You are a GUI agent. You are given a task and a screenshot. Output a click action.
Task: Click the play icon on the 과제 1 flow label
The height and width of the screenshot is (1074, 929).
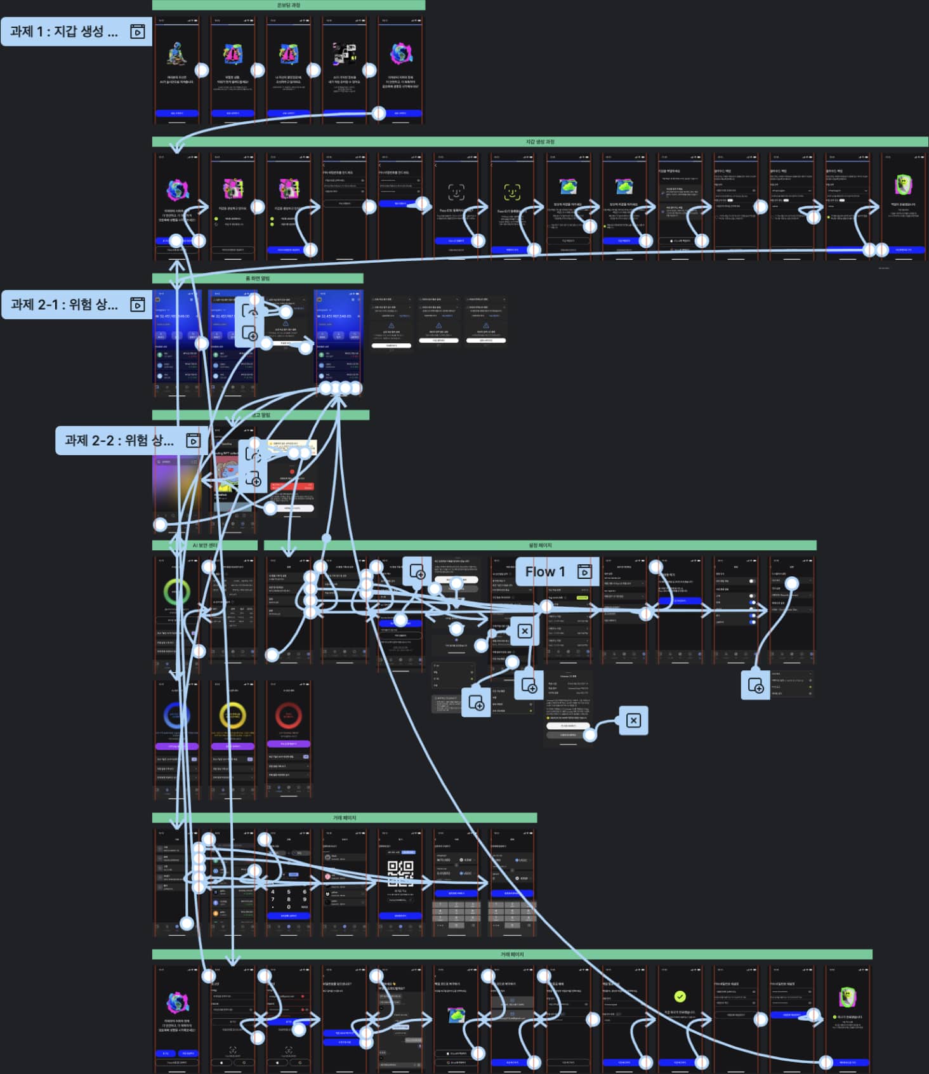click(x=138, y=32)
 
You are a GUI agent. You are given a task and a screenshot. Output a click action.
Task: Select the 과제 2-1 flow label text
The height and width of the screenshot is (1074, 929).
click(x=63, y=305)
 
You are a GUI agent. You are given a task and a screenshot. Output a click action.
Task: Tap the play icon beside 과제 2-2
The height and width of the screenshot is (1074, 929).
click(x=193, y=441)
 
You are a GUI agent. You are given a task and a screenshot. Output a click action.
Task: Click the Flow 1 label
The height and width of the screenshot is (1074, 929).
click(x=545, y=572)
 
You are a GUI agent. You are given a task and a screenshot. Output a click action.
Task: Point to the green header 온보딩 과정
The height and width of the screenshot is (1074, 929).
click(x=289, y=5)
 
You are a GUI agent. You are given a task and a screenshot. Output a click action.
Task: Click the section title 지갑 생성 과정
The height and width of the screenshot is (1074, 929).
click(x=540, y=142)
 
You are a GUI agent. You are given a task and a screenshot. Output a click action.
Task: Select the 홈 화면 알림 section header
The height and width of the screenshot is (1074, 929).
click(x=258, y=278)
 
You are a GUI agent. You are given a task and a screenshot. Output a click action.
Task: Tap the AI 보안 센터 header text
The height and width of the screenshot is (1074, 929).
click(x=205, y=545)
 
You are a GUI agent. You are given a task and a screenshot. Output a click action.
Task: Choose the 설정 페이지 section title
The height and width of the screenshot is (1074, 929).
click(x=540, y=545)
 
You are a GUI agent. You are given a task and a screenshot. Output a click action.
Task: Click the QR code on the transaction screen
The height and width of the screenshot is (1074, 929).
click(x=400, y=873)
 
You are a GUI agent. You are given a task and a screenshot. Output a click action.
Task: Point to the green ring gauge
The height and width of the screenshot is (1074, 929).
click(x=176, y=592)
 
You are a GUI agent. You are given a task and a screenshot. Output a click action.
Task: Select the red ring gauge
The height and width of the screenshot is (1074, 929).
click(x=289, y=716)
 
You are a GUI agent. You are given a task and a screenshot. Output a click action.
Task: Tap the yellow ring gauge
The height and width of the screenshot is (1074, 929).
click(x=233, y=716)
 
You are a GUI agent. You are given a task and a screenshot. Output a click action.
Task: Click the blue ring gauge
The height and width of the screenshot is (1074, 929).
click(x=176, y=716)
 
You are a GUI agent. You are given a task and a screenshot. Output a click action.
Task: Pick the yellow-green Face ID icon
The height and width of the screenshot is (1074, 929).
click(x=512, y=191)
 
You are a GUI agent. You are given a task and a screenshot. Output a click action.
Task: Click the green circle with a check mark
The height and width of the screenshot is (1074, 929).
click(x=680, y=997)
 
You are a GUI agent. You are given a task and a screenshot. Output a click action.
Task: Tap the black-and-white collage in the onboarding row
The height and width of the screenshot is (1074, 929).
click(x=345, y=55)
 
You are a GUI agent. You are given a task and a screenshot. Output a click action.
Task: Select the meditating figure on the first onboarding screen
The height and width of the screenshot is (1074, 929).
click(x=176, y=55)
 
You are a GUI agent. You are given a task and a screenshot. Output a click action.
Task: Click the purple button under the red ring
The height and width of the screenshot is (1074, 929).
click(x=289, y=744)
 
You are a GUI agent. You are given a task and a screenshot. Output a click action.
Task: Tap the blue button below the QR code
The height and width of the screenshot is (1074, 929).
click(x=400, y=916)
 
